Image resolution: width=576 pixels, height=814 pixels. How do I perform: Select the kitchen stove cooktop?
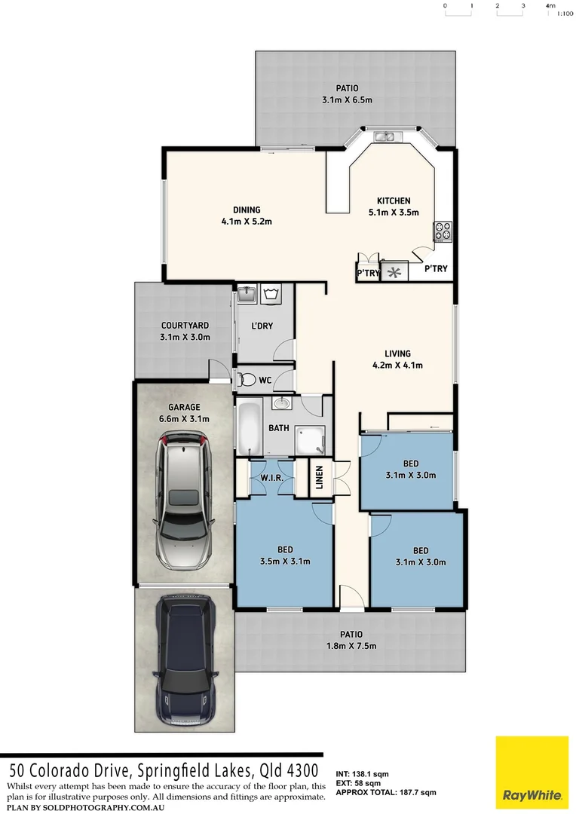[442, 232]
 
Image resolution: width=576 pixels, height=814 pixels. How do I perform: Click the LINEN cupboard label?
[319, 478]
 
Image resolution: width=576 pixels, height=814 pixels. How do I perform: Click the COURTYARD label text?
[184, 326]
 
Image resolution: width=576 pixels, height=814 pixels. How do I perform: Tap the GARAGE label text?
[184, 407]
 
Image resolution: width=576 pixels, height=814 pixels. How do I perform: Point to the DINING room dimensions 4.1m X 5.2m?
[246, 222]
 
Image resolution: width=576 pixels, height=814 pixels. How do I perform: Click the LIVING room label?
[397, 353]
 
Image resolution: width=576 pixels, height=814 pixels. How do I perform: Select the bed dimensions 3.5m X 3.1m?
[284, 561]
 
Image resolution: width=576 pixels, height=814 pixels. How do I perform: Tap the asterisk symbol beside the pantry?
[394, 272]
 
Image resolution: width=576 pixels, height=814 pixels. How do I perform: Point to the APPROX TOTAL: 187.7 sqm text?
[385, 793]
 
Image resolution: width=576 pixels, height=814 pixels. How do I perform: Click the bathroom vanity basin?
[280, 403]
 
